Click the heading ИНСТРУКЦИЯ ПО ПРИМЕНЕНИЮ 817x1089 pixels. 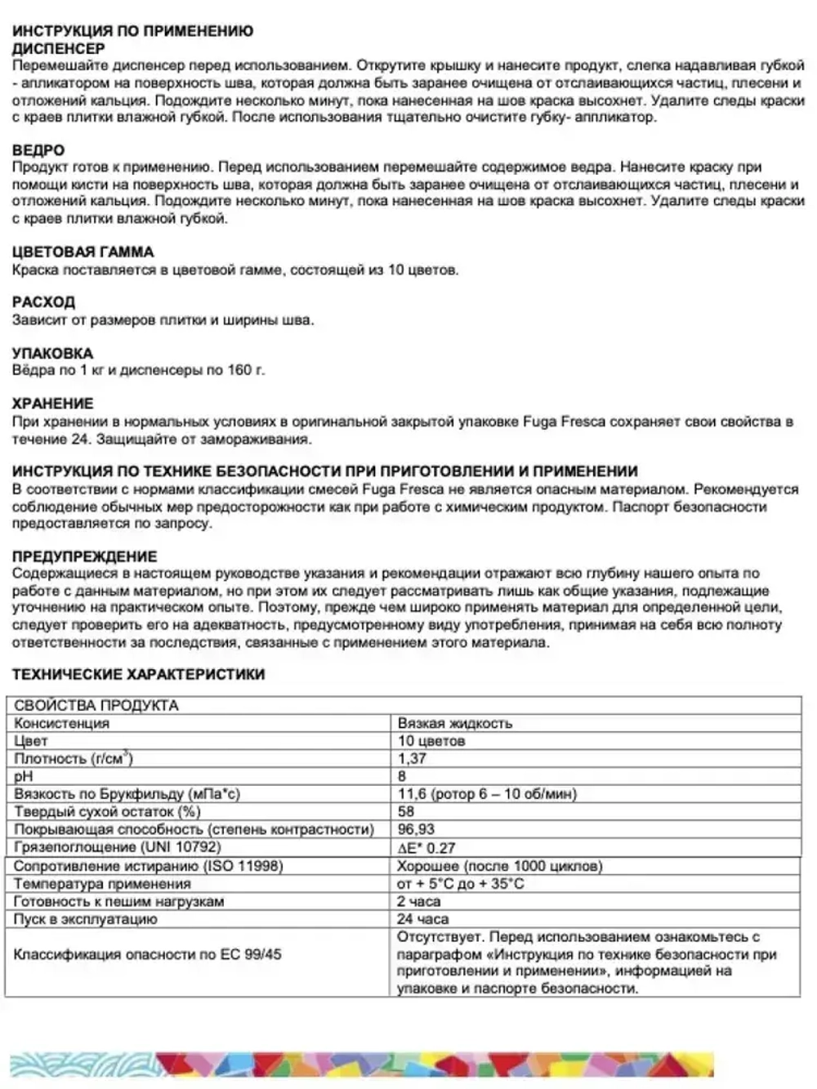(x=132, y=31)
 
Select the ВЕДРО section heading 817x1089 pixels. (x=38, y=150)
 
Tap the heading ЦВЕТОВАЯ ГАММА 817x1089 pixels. (x=83, y=252)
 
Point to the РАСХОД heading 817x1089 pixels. (x=43, y=302)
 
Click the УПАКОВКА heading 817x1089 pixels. (x=52, y=353)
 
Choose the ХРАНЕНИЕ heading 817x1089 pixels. (x=52, y=404)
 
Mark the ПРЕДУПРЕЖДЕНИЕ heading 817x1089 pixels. (x=84, y=556)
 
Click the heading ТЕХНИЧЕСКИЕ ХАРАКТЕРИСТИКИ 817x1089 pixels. (x=138, y=674)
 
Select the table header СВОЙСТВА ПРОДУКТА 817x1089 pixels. (x=96, y=705)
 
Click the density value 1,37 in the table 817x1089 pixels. (x=412, y=758)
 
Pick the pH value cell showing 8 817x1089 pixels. (x=402, y=776)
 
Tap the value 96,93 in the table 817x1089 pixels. (x=416, y=829)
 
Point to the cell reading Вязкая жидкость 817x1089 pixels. (x=454, y=723)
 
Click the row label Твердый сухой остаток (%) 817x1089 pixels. (x=107, y=811)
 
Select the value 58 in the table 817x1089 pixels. (x=406, y=811)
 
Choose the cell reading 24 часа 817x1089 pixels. (x=422, y=919)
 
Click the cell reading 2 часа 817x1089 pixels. (x=418, y=901)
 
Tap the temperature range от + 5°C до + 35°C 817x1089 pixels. (x=460, y=883)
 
